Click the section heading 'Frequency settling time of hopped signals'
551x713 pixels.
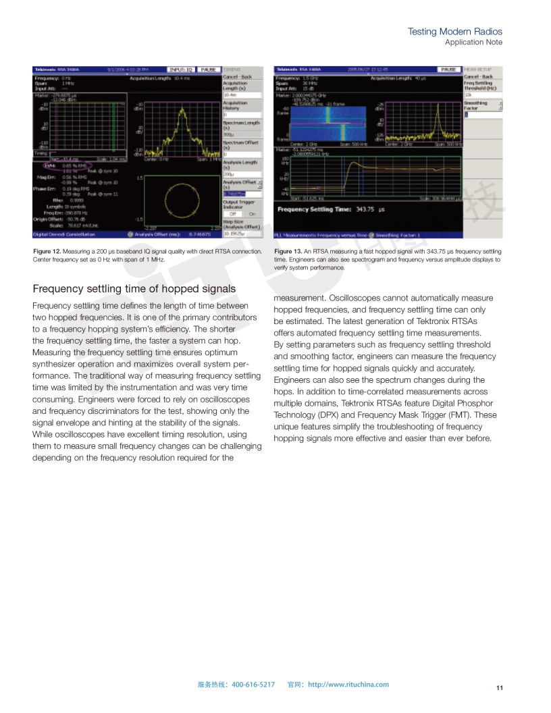click(x=134, y=289)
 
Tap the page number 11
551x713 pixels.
click(x=500, y=688)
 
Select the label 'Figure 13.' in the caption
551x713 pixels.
click(x=289, y=251)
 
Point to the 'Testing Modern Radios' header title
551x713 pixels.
click(x=455, y=32)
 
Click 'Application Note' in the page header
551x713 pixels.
click(x=473, y=42)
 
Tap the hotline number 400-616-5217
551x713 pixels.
click(x=253, y=685)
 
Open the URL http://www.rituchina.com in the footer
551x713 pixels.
click(x=348, y=685)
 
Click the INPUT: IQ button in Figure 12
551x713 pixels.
click(x=181, y=70)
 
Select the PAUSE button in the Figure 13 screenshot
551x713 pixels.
click(x=446, y=70)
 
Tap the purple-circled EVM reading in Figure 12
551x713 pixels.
click(x=61, y=165)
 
